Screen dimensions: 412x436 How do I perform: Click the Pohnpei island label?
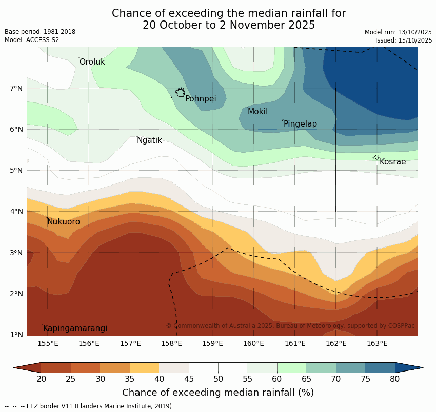coord(200,99)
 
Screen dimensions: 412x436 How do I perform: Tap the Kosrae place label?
coord(392,162)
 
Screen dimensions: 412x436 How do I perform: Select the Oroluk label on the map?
coord(92,62)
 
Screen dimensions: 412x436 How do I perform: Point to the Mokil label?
coord(257,112)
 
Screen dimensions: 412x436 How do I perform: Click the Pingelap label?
coord(300,124)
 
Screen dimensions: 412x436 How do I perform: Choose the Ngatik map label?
coord(149,140)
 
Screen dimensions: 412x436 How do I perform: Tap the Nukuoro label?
coord(64,222)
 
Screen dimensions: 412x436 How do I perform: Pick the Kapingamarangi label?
coord(75,328)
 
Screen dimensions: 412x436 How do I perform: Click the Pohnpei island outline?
coord(180,93)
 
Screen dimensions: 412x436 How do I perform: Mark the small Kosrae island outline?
coord(376,157)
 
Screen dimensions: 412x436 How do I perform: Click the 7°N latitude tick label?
coord(16,88)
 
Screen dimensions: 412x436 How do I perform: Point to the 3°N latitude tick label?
coord(16,253)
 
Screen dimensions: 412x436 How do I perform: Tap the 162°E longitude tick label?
coord(336,343)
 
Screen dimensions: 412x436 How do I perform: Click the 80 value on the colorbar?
coord(395,379)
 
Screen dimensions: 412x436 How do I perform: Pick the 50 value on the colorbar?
coord(219,379)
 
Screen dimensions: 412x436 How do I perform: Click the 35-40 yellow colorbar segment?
coord(145,367)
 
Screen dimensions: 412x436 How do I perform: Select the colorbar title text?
coord(218,393)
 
